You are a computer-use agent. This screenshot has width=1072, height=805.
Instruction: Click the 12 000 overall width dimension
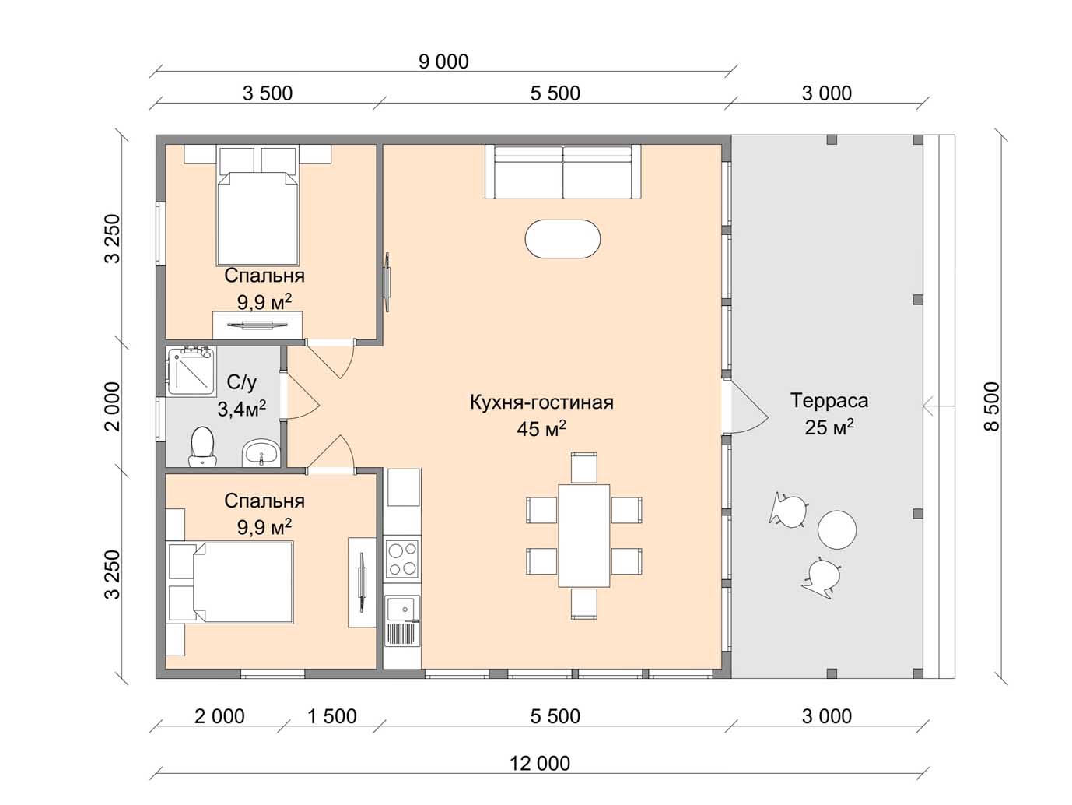[540, 763]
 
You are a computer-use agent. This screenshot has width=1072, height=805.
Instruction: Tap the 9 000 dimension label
[443, 62]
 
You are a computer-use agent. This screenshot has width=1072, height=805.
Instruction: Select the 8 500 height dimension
[992, 406]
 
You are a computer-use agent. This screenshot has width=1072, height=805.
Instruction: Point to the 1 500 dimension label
[331, 716]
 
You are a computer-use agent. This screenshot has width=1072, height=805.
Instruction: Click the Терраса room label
[829, 400]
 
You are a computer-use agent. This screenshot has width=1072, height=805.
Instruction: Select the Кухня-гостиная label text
[541, 402]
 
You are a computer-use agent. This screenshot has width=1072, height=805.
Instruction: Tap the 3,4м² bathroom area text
[242, 409]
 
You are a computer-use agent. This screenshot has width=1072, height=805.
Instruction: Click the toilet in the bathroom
[202, 447]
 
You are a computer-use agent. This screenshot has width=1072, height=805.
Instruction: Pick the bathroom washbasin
[261, 452]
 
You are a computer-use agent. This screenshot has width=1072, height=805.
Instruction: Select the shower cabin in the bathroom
[191, 371]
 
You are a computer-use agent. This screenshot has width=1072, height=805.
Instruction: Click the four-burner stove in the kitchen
[402, 559]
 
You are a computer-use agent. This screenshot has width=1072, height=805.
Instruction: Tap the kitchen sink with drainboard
[402, 620]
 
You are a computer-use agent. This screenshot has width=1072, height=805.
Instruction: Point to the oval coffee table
[562, 238]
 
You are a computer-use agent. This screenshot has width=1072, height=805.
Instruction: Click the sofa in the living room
[563, 171]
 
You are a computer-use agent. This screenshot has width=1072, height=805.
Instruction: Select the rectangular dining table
[584, 536]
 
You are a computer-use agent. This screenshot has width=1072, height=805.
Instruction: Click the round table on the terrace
[837, 530]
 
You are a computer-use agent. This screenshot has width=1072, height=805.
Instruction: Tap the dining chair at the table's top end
[584, 468]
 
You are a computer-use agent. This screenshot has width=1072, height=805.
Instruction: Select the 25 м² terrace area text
[829, 427]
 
